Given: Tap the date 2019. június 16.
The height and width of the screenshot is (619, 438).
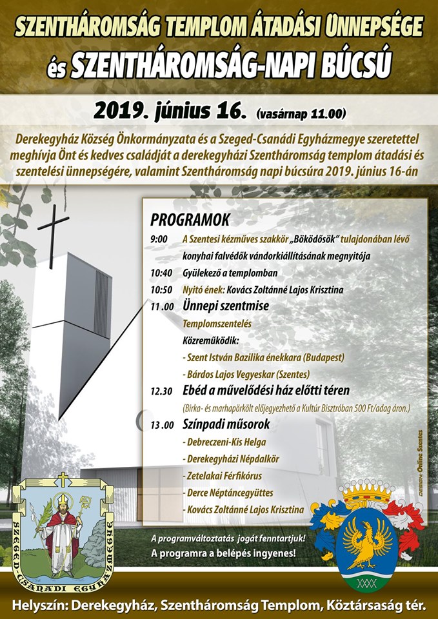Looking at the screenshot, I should pyautogui.click(x=170, y=110).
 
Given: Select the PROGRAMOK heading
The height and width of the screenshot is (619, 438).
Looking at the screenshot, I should pyautogui.click(x=190, y=218).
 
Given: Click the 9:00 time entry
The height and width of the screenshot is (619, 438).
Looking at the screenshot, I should pyautogui.click(x=159, y=239).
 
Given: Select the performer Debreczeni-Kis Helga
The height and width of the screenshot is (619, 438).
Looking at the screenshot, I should pyautogui.click(x=224, y=442).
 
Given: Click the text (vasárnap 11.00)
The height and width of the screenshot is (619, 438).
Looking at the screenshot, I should pyautogui.click(x=301, y=114).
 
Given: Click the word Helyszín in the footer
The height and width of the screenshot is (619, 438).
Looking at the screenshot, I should pyautogui.click(x=40, y=605).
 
